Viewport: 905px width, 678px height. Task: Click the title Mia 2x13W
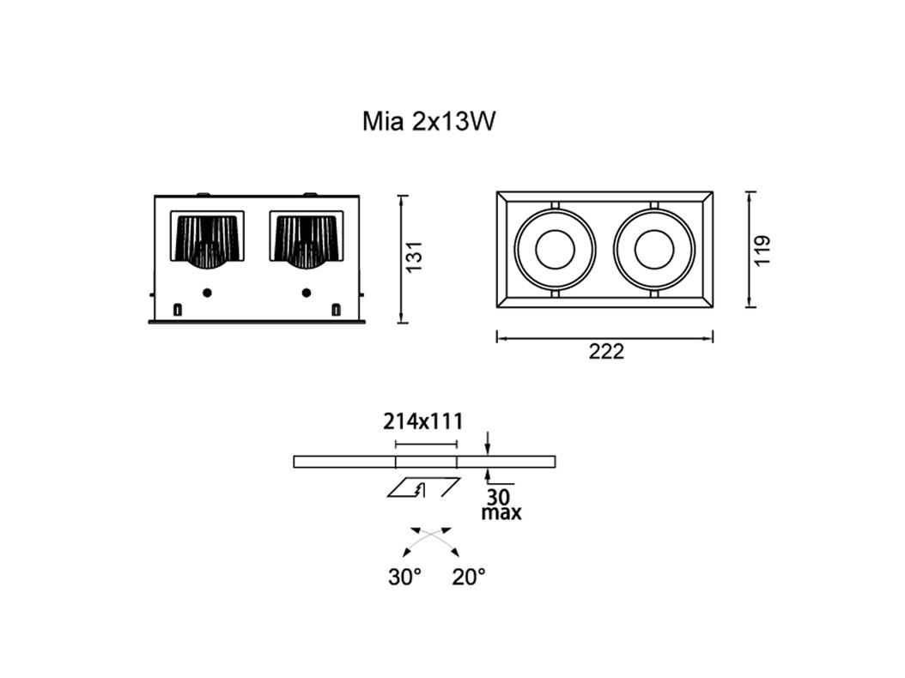(429, 122)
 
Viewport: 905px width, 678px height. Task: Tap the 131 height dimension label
(415, 257)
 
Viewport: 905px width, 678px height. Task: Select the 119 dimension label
(762, 250)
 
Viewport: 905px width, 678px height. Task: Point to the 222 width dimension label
(605, 352)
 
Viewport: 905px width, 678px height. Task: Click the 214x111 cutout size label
(423, 421)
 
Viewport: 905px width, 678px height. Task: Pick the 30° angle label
(404, 578)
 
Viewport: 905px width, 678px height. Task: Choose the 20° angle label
(469, 578)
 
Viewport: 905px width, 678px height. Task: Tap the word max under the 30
(501, 514)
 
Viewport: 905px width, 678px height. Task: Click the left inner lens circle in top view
(555, 249)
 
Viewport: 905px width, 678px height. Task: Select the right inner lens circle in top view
(654, 249)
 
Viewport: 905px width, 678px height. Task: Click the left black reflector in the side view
(207, 238)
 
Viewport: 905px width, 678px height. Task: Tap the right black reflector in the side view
(307, 238)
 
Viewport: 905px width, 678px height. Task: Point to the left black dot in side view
(207, 293)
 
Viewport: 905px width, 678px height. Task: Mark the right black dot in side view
(307, 293)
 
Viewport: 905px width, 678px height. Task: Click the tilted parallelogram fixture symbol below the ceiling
(422, 487)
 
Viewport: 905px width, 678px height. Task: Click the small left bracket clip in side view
(178, 309)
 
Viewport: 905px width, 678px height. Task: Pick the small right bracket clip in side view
(336, 309)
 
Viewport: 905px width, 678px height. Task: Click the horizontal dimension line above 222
(605, 338)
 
